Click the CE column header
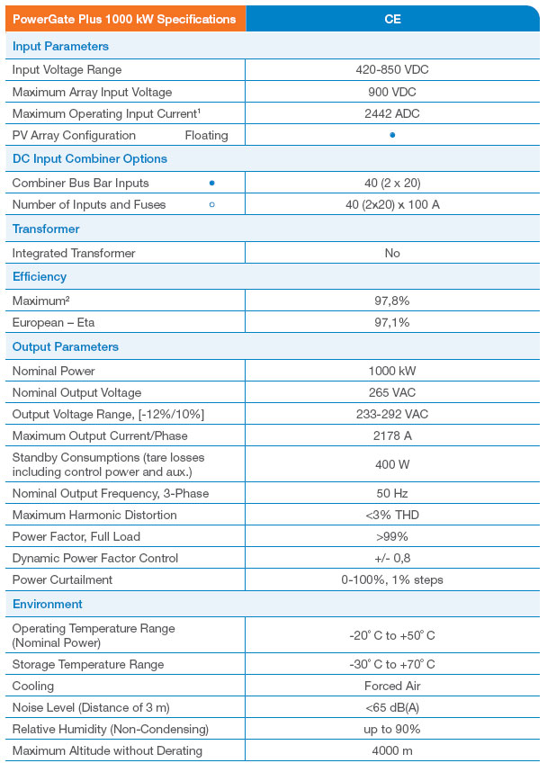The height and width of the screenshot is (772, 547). point(392,18)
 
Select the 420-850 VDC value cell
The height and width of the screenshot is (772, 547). point(392,69)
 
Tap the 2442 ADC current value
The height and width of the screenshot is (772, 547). point(392,113)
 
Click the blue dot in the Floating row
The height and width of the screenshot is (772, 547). point(392,135)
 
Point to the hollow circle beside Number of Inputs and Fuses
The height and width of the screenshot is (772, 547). point(211,204)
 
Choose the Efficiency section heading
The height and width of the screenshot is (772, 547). point(40,276)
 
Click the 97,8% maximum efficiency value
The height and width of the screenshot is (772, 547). point(392,300)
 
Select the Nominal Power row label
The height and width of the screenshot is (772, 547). point(54,371)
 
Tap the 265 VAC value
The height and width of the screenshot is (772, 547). point(392,392)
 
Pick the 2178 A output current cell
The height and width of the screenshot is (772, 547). point(392,435)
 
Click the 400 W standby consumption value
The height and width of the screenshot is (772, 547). point(392,464)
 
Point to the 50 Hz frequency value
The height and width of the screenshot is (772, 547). point(392,493)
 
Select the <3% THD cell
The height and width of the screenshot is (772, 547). point(392,515)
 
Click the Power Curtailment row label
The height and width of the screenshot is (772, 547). point(63,579)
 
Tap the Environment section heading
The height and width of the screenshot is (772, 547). point(48,604)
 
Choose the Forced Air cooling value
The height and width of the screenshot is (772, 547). point(392,686)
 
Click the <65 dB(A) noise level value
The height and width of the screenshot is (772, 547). point(392,707)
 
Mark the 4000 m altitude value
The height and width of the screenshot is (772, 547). point(392,750)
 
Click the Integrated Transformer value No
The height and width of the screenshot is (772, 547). point(392,253)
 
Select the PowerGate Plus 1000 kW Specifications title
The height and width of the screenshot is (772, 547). point(124,18)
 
